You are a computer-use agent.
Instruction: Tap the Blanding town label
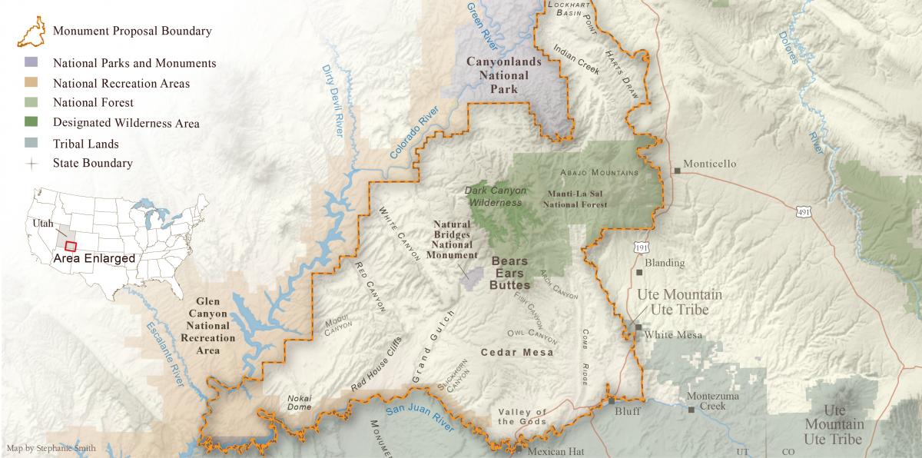click(665, 263)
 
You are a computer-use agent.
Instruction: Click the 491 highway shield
click(803, 211)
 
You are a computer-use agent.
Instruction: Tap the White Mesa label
click(669, 334)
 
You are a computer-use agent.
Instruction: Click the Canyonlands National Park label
click(504, 75)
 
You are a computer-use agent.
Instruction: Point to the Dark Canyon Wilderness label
click(493, 197)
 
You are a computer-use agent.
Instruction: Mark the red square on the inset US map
click(71, 246)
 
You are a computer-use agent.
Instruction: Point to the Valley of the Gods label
click(522, 417)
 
